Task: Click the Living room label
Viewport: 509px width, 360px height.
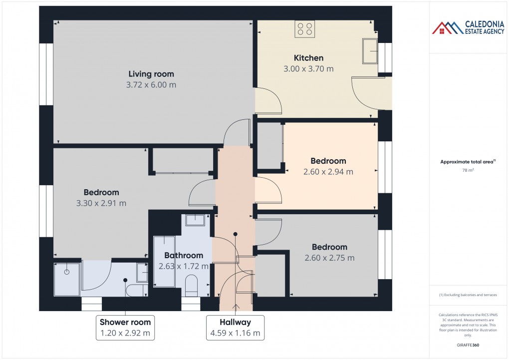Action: click(151, 74)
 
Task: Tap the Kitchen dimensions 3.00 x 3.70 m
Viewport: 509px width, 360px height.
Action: click(308, 69)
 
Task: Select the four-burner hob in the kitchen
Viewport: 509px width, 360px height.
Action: click(304, 29)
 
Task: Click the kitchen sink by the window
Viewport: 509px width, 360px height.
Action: click(370, 51)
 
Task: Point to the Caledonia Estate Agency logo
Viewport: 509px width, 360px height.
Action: click(468, 28)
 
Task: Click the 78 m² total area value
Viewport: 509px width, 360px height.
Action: click(468, 170)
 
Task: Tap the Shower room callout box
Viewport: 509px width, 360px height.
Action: click(125, 328)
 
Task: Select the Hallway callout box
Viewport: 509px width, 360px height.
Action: click(235, 328)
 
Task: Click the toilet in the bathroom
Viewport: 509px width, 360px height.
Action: click(192, 287)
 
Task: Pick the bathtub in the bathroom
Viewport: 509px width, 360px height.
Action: click(164, 262)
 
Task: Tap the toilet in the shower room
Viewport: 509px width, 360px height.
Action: click(134, 290)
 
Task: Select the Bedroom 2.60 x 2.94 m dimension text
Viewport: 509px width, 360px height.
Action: click(328, 172)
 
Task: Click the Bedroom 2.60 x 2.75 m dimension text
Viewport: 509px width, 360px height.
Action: click(329, 258)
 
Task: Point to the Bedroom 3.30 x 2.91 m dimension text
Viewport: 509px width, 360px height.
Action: click(101, 203)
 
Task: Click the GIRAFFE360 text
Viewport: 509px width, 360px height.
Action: click(468, 345)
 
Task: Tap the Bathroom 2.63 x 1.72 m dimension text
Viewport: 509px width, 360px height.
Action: click(183, 267)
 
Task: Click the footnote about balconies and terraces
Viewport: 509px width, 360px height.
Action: click(468, 295)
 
